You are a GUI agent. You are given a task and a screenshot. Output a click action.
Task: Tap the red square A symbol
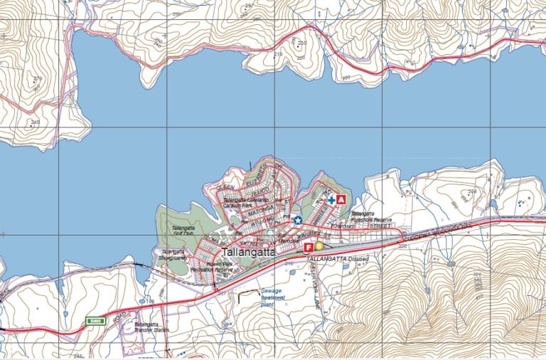pos(341,200)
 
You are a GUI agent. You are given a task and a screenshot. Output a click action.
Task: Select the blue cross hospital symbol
pos(331,201)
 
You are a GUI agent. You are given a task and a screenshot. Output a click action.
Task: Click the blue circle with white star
pos(298,220)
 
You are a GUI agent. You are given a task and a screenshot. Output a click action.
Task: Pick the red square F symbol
pos(309,247)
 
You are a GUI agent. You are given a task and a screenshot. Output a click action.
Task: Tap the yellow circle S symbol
pos(318,246)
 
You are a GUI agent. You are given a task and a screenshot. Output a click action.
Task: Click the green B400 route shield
pos(96,321)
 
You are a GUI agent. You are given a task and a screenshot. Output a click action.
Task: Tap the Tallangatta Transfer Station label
pos(151,328)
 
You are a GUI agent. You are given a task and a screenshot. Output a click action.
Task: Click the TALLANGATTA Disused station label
pos(338,259)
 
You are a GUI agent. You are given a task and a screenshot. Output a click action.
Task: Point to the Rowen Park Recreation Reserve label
pos(213,268)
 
